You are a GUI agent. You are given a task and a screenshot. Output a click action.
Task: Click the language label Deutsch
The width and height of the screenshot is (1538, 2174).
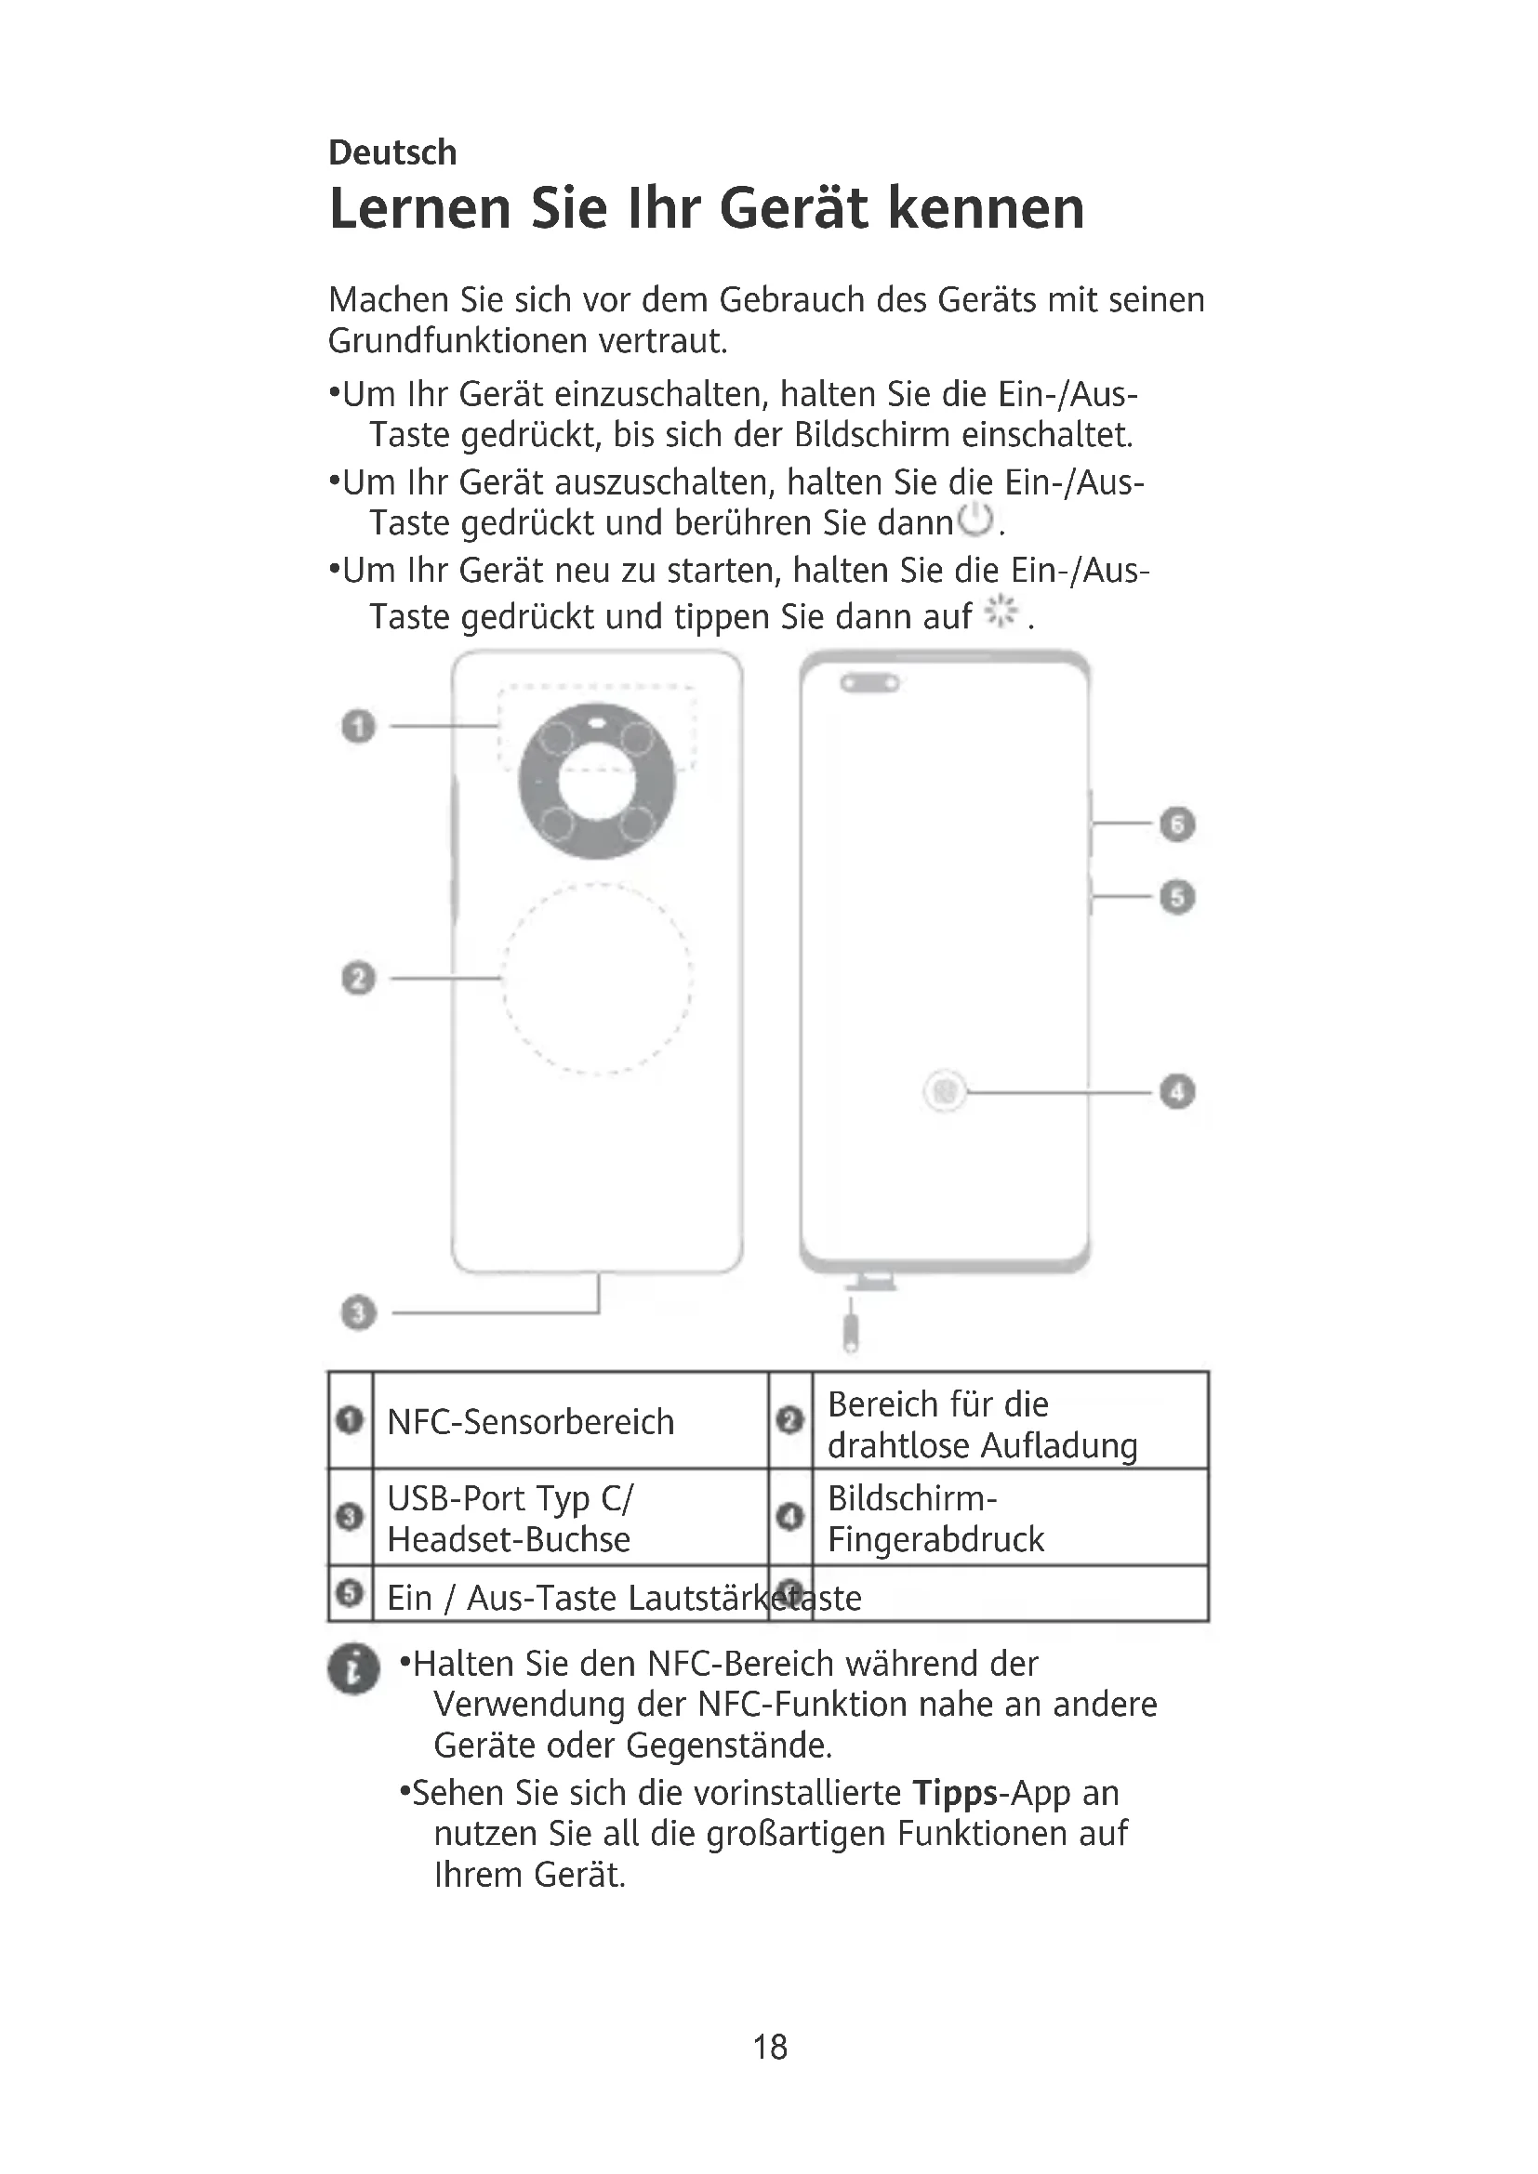pyautogui.click(x=392, y=152)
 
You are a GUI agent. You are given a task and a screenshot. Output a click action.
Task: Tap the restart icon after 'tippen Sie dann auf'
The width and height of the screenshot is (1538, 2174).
pyautogui.click(x=1001, y=613)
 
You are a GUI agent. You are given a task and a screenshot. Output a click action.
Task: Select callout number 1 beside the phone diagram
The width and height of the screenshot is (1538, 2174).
pyautogui.click(x=358, y=727)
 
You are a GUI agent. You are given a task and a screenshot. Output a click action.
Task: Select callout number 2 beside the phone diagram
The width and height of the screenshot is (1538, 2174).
pyautogui.click(x=358, y=978)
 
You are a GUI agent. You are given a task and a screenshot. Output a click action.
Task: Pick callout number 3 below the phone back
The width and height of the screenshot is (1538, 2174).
pyautogui.click(x=358, y=1313)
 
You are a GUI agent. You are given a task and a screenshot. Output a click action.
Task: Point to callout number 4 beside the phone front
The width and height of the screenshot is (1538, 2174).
pyautogui.click(x=1177, y=1092)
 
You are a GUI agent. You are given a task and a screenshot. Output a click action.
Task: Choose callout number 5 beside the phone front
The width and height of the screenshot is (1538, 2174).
pyautogui.click(x=1177, y=897)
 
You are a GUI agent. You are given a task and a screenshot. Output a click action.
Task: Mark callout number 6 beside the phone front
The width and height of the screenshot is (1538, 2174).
pyautogui.click(x=1177, y=823)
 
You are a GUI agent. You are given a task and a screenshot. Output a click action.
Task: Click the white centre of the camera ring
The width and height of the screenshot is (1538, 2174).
pyautogui.click(x=597, y=783)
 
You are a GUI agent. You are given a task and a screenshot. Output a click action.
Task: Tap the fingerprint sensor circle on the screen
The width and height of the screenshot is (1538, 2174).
pyautogui.click(x=944, y=1092)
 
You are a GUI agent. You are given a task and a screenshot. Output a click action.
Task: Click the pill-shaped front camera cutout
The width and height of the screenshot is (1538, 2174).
pyautogui.click(x=869, y=683)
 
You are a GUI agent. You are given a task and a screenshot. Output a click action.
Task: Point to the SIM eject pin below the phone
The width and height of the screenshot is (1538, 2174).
pyautogui.click(x=852, y=1329)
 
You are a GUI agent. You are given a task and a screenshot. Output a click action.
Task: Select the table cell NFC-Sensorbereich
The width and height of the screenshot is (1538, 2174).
pyautogui.click(x=530, y=1422)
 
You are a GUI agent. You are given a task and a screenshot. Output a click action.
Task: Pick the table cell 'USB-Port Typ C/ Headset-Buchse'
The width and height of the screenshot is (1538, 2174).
pyautogui.click(x=510, y=1518)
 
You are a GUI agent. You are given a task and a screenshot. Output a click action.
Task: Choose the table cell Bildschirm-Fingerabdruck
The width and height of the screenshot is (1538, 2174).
pyautogui.click(x=935, y=1518)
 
